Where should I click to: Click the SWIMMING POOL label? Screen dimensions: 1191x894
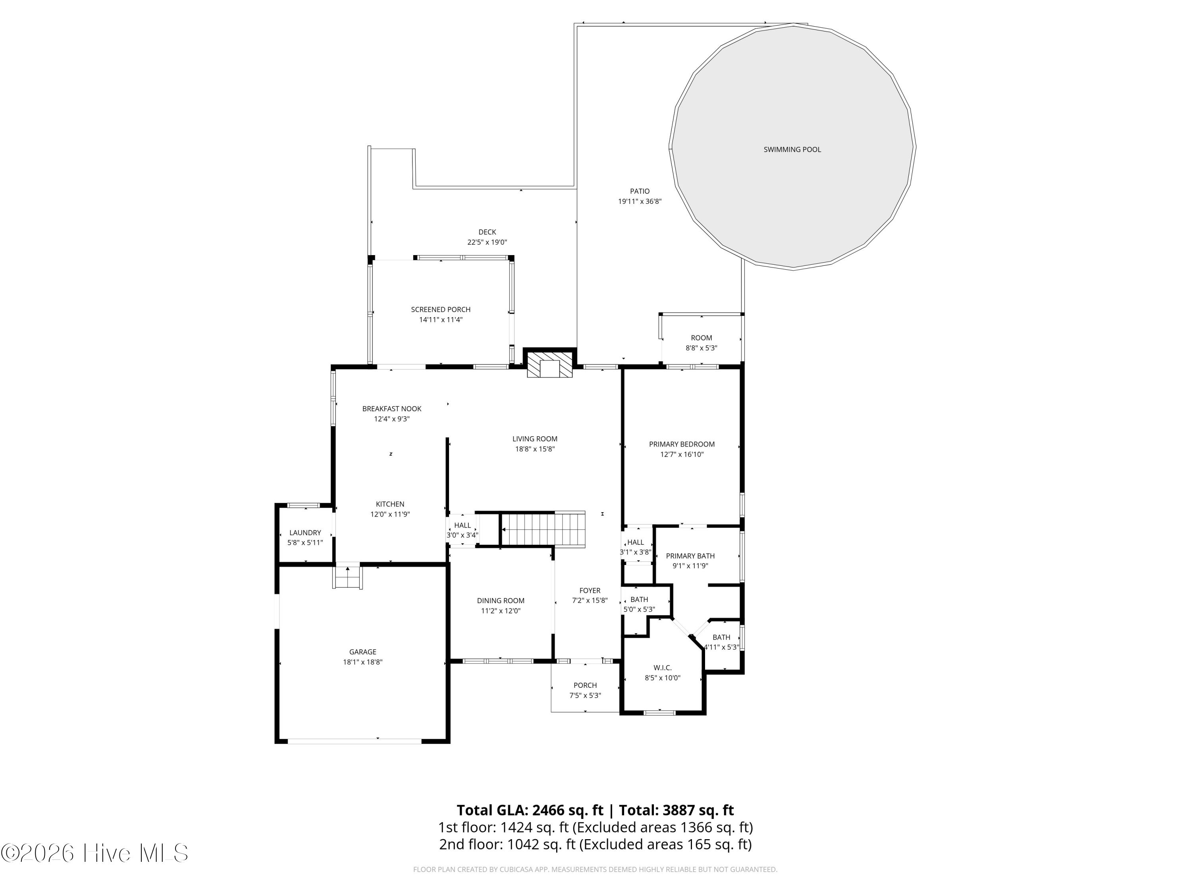pos(792,150)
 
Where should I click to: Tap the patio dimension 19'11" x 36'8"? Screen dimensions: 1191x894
pos(640,201)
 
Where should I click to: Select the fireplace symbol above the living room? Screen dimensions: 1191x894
pos(550,364)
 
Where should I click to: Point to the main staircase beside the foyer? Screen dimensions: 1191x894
pos(543,529)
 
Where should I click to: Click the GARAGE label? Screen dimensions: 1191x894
pos(362,652)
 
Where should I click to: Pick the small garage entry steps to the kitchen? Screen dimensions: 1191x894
pos(348,577)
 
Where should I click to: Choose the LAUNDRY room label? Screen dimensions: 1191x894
pos(305,533)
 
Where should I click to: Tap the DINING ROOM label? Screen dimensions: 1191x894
pos(501,601)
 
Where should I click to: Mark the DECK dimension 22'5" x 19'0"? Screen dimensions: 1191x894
pos(487,242)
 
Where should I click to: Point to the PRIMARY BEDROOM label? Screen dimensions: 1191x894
pos(682,445)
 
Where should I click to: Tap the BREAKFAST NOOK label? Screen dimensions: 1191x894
pos(391,409)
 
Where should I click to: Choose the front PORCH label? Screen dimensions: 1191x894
pos(585,685)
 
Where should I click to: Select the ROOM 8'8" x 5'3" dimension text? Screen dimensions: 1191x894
pos(701,348)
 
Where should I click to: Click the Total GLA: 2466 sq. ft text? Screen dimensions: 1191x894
pos(530,811)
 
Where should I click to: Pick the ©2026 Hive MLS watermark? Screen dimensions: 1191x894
pos(95,853)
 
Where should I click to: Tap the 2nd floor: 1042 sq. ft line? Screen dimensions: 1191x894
pos(595,844)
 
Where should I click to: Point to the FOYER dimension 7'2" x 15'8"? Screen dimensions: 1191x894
pos(590,600)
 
